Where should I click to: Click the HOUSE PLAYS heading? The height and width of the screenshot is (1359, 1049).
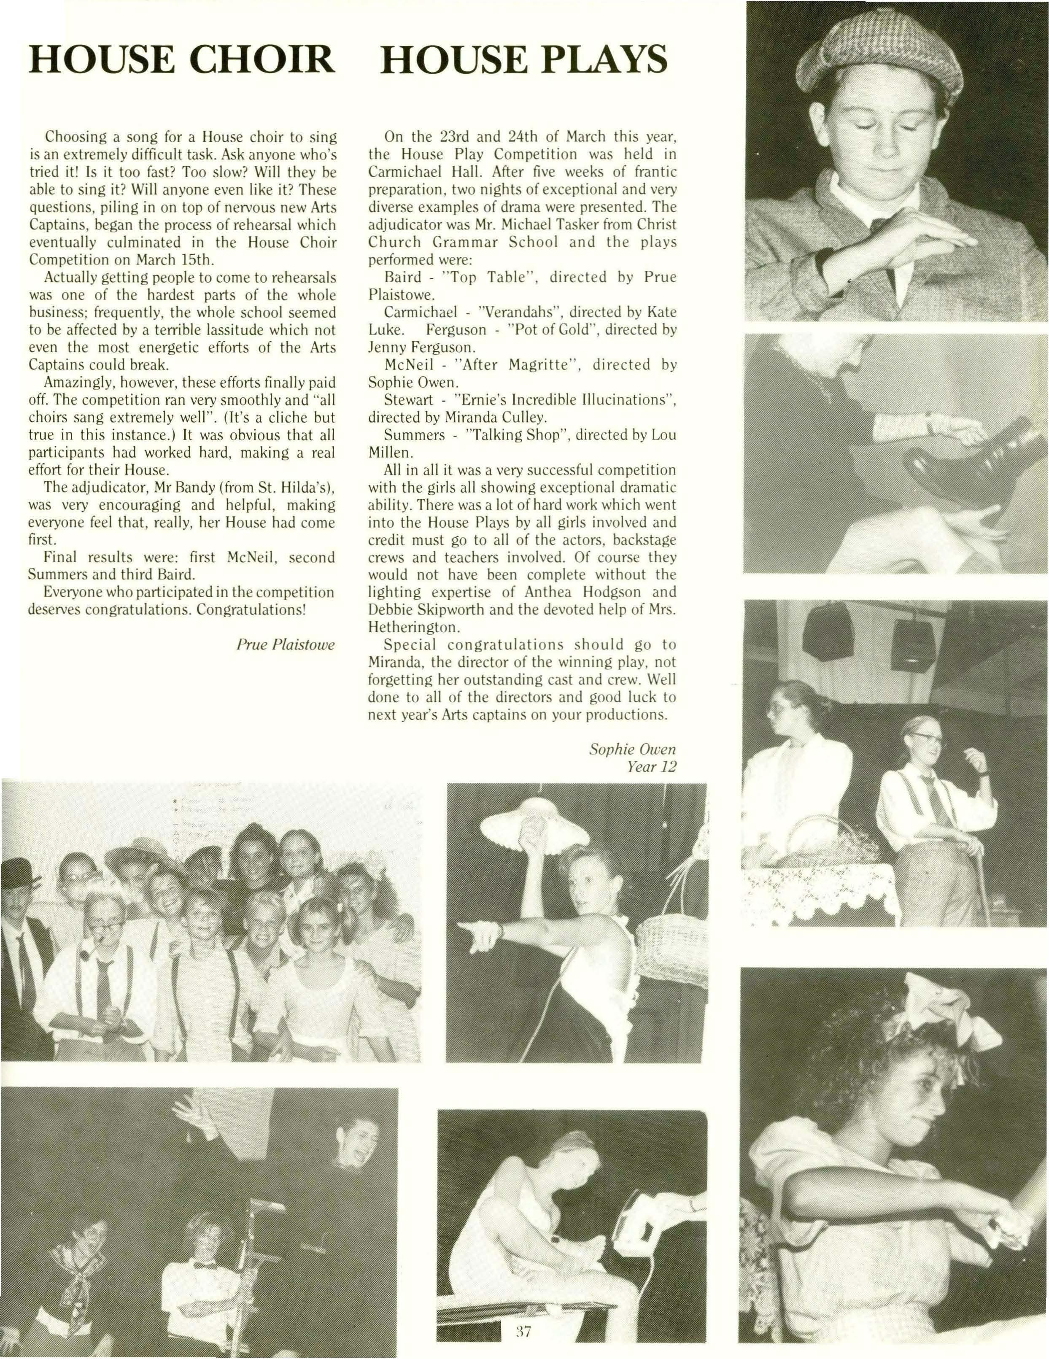click(523, 60)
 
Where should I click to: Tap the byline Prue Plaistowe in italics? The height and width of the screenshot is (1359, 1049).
click(286, 644)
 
